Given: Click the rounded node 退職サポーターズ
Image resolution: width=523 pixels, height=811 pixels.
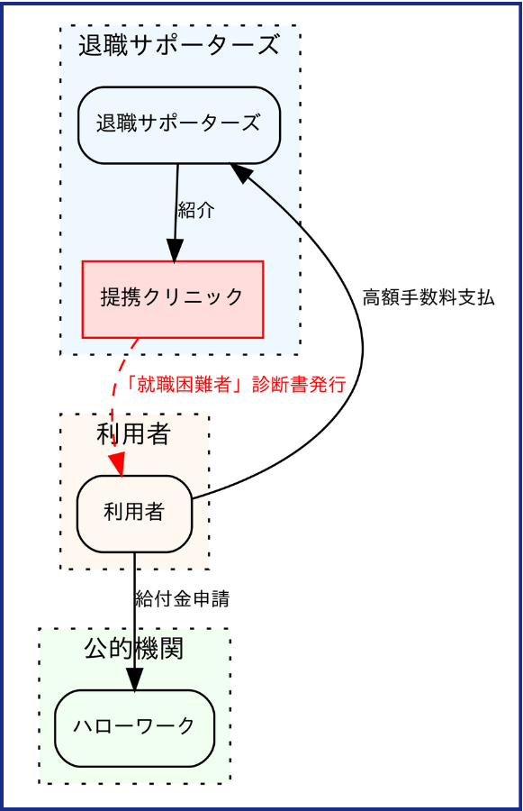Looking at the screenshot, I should coord(179,124).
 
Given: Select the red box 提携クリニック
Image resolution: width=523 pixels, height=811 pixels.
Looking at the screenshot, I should coord(172,298).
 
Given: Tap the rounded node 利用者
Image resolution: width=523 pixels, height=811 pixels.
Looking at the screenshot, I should coord(134,513).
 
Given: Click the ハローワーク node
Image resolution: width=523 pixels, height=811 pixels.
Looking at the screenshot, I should coord(134,727).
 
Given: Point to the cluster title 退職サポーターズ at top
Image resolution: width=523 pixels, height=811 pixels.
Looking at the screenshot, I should coord(179,46).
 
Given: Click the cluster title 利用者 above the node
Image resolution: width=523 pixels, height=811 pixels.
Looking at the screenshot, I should coord(134,434).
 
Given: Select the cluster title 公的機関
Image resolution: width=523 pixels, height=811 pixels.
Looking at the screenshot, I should coord(134,648).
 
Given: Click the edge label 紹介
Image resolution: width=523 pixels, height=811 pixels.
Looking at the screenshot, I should coord(196,211).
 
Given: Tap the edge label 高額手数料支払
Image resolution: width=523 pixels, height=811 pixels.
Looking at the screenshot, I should coord(428,297).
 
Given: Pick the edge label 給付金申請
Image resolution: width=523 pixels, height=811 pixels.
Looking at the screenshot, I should coord(182,598).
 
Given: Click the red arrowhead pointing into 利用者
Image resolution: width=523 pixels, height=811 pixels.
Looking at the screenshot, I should coord(118,463).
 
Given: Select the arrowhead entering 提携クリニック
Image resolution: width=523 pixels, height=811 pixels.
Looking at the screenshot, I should coord(175,251).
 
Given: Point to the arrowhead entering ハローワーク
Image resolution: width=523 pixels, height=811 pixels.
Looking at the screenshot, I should coord(134,679).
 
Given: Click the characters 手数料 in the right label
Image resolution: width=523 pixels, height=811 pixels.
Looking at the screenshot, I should coord(428,297).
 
